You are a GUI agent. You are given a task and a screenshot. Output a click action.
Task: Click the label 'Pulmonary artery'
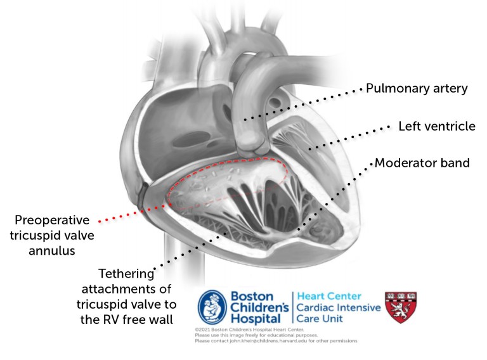417,88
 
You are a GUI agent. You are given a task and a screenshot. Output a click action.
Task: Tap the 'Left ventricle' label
436,126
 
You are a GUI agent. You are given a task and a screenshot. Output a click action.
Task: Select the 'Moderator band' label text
422,163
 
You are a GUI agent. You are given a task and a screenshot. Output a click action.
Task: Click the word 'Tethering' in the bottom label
126,274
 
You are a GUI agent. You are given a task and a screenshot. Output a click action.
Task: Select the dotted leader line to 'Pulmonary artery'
304,103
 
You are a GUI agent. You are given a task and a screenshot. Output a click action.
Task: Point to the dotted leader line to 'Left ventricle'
349,138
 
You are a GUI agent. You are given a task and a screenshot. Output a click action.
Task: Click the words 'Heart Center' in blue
328,296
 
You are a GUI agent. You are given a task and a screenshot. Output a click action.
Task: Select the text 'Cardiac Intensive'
339,308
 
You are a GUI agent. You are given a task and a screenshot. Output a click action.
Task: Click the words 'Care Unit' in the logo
319,319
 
